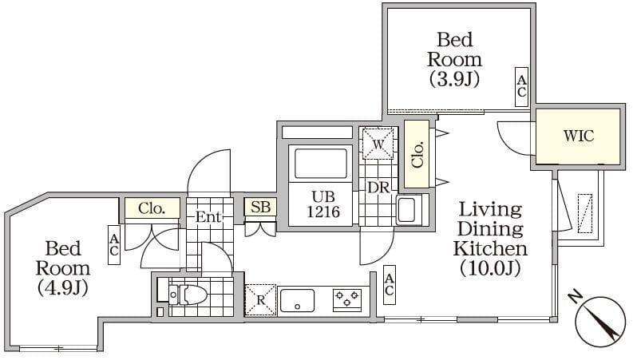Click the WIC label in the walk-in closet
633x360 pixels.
pos(579,136)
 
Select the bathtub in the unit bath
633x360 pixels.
pos(322,164)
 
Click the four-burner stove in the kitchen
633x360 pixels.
pos(346,300)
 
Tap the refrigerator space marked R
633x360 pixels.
pos(260,300)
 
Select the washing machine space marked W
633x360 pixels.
pos(377,144)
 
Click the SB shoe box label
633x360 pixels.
pos(260,208)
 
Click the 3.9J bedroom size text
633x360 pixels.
pos(454,79)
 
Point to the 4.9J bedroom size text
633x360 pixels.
pos(61,287)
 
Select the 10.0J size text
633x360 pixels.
pos(489,267)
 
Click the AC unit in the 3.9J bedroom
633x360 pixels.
pos(521,86)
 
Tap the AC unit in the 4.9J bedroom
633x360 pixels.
pos(114,243)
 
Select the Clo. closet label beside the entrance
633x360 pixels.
pos(152,208)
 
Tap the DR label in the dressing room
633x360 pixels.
pos(377,187)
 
